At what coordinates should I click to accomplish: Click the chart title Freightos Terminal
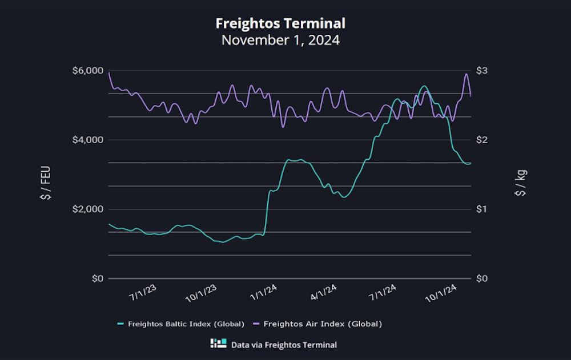click(x=280, y=23)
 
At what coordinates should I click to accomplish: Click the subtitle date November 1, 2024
click(x=280, y=41)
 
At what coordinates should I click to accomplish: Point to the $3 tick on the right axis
click(x=482, y=71)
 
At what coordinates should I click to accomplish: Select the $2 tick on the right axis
click(x=482, y=140)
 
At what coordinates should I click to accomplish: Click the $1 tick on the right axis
click(x=482, y=209)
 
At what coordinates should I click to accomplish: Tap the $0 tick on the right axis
click(x=482, y=278)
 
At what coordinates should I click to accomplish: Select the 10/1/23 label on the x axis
click(x=202, y=294)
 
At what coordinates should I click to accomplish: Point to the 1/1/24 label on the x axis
click(x=264, y=293)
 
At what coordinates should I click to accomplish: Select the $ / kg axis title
click(x=521, y=183)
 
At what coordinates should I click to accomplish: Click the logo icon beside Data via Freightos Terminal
click(x=219, y=344)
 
